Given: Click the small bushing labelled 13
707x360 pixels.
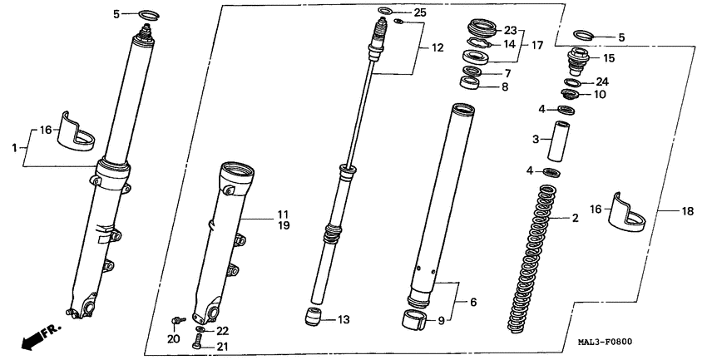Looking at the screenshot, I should coord(313,318).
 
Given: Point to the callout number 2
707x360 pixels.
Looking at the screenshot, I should coord(574,219).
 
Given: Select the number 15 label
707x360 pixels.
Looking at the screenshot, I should coord(609,58).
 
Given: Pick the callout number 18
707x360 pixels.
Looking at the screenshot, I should coord(687,212).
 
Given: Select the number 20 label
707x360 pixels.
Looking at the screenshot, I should coord(173,338).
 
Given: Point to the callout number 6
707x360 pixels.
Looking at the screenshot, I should coord(472,302).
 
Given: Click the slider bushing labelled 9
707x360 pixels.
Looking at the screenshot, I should coord(413,320).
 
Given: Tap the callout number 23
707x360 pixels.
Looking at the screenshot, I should coord(510,31).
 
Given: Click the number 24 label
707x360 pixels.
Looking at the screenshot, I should coord(602,81).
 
